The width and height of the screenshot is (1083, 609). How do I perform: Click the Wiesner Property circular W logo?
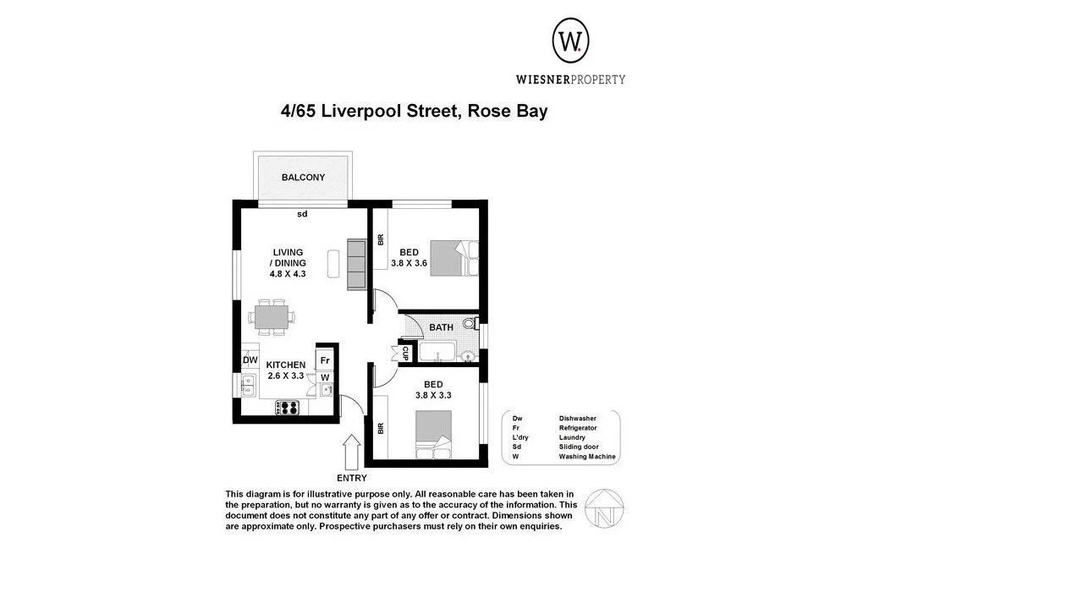pyautogui.click(x=571, y=41)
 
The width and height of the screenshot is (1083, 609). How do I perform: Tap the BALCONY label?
pyautogui.click(x=303, y=178)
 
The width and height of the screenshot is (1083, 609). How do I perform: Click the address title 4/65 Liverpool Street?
pyautogui.click(x=414, y=111)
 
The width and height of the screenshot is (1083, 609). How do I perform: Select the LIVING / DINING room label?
pyautogui.click(x=288, y=257)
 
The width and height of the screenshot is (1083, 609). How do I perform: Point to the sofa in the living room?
pyautogui.click(x=357, y=264)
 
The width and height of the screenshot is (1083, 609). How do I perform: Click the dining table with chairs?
pyautogui.click(x=272, y=317)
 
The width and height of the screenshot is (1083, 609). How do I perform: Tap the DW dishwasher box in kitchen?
pyautogui.click(x=250, y=360)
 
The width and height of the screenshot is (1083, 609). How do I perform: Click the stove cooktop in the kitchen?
pyautogui.click(x=289, y=408)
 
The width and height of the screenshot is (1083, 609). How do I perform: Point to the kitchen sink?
pyautogui.click(x=249, y=387)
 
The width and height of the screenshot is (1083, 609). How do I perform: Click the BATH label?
pyautogui.click(x=441, y=327)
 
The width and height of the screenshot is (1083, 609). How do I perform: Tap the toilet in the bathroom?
pyautogui.click(x=470, y=323)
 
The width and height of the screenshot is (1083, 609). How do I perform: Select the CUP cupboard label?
pyautogui.click(x=405, y=353)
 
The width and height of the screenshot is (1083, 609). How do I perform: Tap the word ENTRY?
pyautogui.click(x=352, y=478)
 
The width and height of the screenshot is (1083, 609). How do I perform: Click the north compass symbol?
pyautogui.click(x=605, y=509)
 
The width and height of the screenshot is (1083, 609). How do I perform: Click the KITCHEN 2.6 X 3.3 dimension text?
pyautogui.click(x=286, y=376)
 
